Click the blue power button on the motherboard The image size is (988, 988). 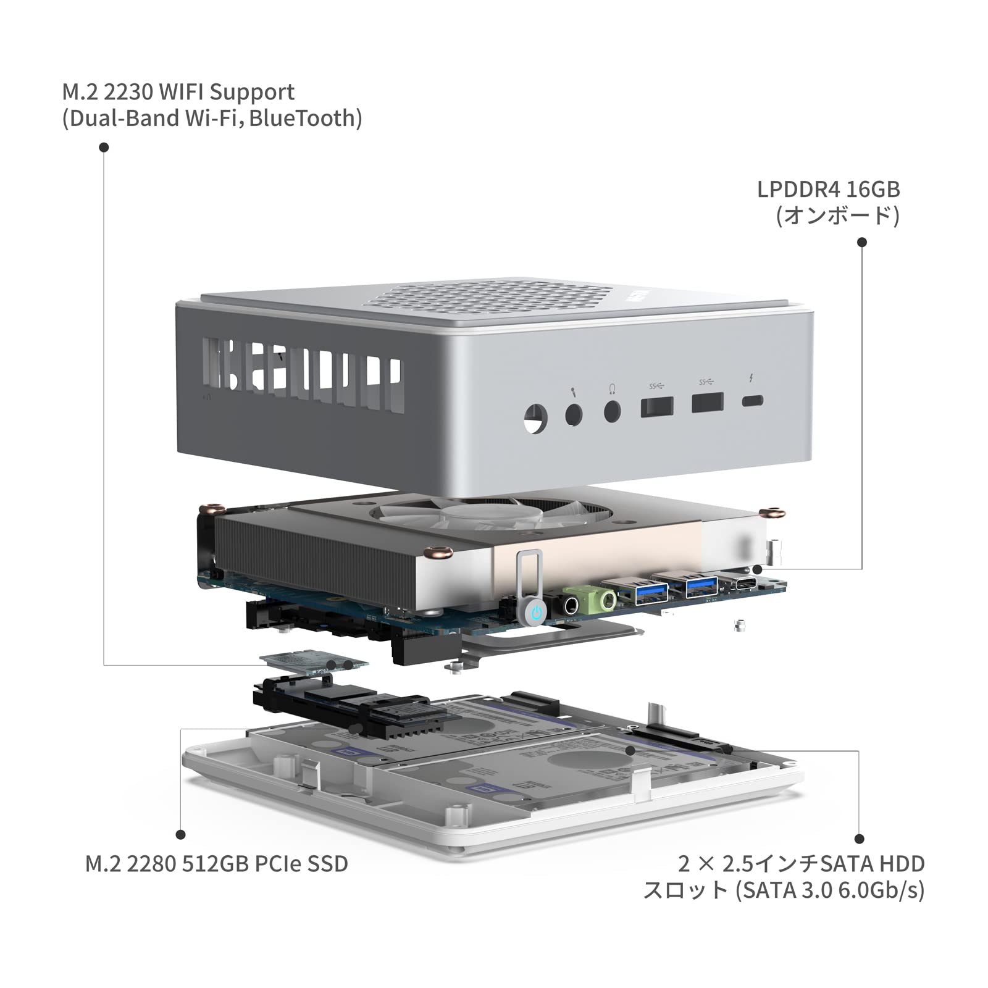(537, 613)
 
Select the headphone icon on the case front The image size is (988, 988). (612, 388)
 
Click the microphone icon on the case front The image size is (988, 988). (573, 391)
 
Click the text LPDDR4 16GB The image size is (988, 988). (828, 190)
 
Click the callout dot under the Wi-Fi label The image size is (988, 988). (104, 147)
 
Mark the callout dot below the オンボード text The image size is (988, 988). (862, 242)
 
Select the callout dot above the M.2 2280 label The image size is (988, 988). (180, 834)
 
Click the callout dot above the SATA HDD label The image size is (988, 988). (859, 839)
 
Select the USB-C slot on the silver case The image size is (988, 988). (753, 401)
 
